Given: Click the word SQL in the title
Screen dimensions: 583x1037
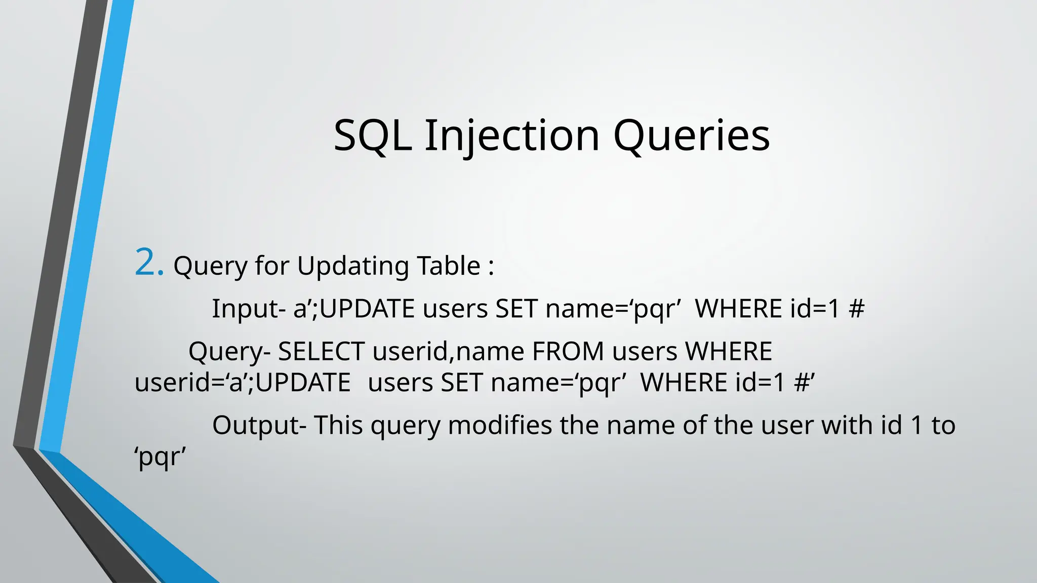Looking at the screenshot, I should [x=372, y=136].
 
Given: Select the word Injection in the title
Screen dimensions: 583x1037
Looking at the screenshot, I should [x=512, y=136].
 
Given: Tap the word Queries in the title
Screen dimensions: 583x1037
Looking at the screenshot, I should [x=692, y=136].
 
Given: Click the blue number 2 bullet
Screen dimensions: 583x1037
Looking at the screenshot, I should [x=149, y=263].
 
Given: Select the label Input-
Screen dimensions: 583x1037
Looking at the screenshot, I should [x=248, y=309].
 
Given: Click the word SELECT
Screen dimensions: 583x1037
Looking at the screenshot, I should [x=321, y=351].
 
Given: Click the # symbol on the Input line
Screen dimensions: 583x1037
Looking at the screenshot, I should [x=856, y=309].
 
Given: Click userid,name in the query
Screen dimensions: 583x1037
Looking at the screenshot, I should [x=448, y=351].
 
